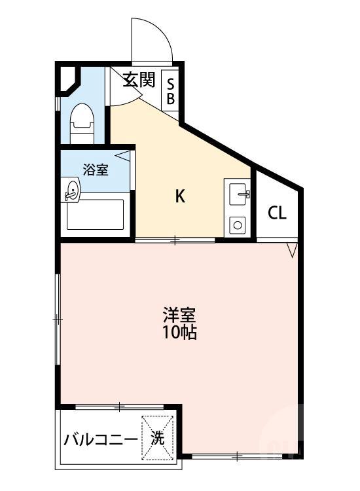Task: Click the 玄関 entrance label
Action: pyautogui.click(x=139, y=81)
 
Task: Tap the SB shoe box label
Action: pyautogui.click(x=170, y=92)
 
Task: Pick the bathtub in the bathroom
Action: pyautogui.click(x=96, y=214)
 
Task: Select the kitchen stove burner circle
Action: pyautogui.click(x=237, y=226)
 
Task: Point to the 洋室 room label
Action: pyautogui.click(x=179, y=314)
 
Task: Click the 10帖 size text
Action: pyautogui.click(x=179, y=333)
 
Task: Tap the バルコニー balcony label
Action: pyautogui.click(x=101, y=439)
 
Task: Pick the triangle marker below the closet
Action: pyautogui.click(x=292, y=249)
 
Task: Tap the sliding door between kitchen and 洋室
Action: pyautogui.click(x=175, y=241)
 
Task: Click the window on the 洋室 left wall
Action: pyautogui.click(x=58, y=319)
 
